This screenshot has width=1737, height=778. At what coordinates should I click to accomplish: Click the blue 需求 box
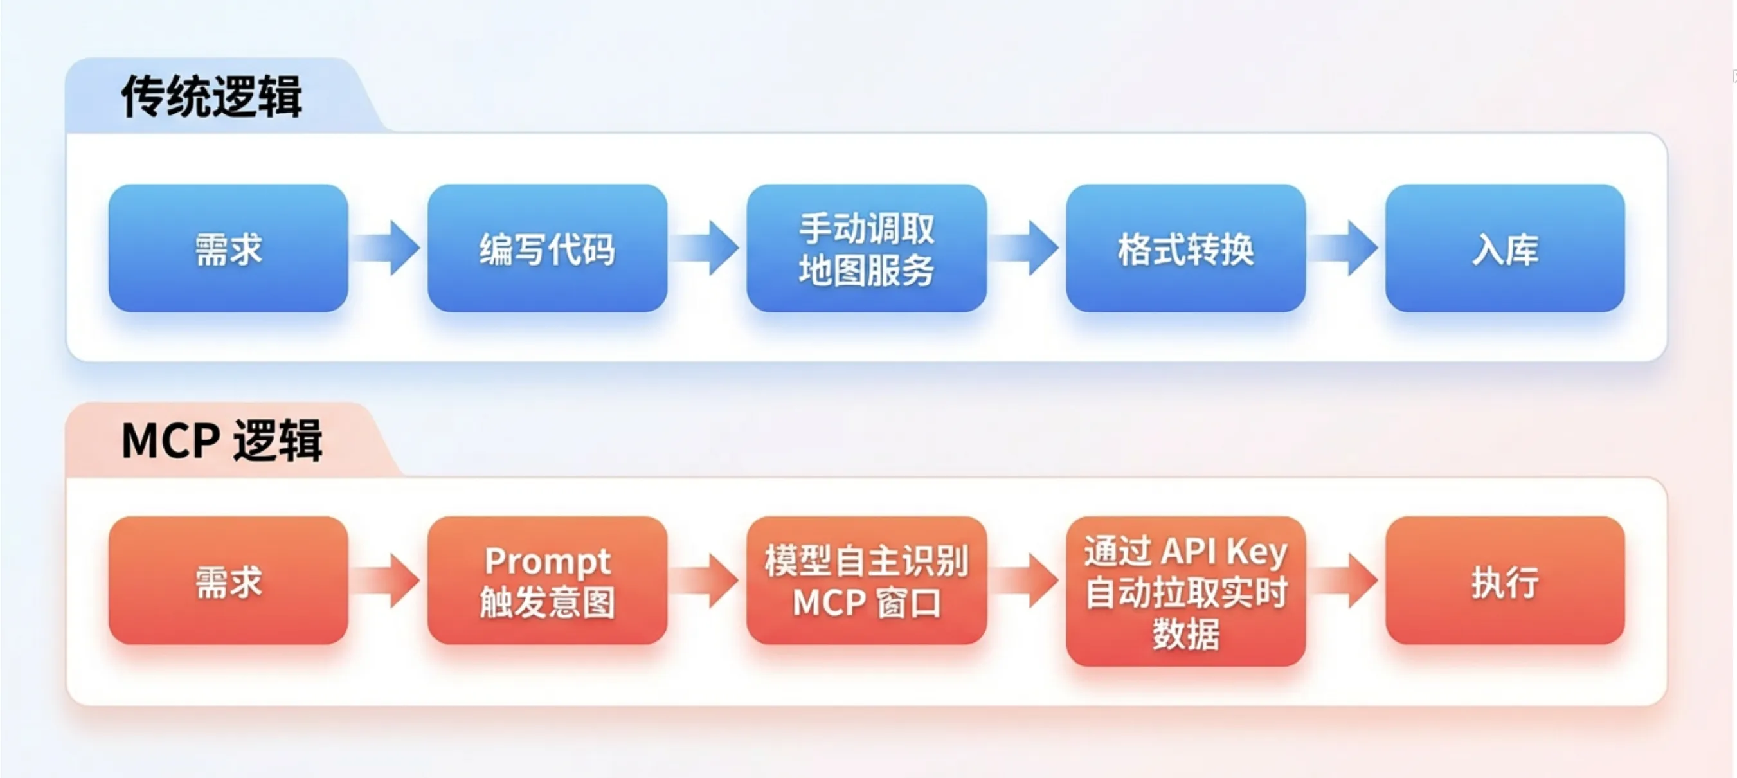(228, 248)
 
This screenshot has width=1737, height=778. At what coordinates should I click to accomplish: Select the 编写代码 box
(548, 248)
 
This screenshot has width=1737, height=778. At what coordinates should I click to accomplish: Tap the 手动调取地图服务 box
(867, 248)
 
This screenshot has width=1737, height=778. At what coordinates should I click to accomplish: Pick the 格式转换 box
(1186, 248)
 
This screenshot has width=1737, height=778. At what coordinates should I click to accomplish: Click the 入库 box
(1505, 248)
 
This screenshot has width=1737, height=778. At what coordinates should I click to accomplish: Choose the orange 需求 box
(228, 581)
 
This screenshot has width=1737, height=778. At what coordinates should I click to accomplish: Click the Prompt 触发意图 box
(548, 581)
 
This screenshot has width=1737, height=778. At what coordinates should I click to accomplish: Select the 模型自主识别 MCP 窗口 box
(867, 581)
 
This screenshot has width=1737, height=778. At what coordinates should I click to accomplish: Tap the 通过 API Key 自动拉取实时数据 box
(1186, 592)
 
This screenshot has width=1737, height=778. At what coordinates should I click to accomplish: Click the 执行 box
(1505, 581)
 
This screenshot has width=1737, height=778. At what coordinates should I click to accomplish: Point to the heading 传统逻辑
(212, 96)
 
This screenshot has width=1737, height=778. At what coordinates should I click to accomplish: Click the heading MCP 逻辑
(222, 441)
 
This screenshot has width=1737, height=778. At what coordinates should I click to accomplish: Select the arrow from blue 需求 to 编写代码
(388, 248)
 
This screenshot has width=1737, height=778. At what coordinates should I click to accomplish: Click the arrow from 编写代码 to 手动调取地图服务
(706, 248)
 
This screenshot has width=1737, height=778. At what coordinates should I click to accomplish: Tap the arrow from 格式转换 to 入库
(1345, 248)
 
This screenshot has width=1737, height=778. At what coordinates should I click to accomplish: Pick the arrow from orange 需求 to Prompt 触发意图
(388, 581)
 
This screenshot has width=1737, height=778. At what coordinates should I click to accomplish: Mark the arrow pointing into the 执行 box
(1345, 581)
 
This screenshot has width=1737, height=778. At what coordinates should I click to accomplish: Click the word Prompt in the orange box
(548, 561)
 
